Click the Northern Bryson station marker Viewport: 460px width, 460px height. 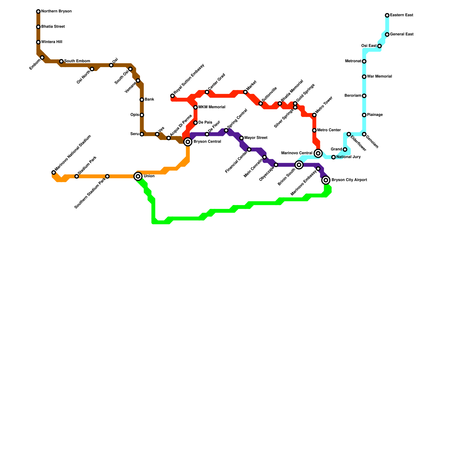pyautogui.click(x=38, y=11)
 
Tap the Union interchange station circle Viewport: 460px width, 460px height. pyautogui.click(x=138, y=176)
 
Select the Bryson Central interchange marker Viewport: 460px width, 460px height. pyautogui.click(x=188, y=142)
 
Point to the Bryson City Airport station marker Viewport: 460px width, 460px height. pyautogui.click(x=326, y=180)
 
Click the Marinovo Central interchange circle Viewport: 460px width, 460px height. pyautogui.click(x=318, y=153)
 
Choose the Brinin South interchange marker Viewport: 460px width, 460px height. pyautogui.click(x=299, y=165)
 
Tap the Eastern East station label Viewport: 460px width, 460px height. pyautogui.click(x=401, y=15)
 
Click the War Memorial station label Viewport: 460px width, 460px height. pyautogui.click(x=379, y=77)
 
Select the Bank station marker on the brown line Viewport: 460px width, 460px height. pyautogui.click(x=142, y=100)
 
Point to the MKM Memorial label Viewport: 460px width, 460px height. pyautogui.click(x=212, y=107)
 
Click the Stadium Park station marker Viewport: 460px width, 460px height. pyautogui.click(x=77, y=176)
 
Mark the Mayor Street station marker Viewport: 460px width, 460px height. pyautogui.click(x=241, y=138)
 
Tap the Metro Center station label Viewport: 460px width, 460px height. pyautogui.click(x=329, y=130)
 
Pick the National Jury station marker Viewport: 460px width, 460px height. pyautogui.click(x=333, y=157)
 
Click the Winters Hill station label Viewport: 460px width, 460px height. pyautogui.click(x=51, y=42)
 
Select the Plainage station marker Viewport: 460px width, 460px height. pyautogui.click(x=364, y=115)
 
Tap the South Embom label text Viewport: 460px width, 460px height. pyautogui.click(x=77, y=61)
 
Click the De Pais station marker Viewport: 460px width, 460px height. pyautogui.click(x=195, y=123)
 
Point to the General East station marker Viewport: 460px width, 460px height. pyautogui.click(x=387, y=34)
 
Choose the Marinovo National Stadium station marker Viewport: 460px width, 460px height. pyautogui.click(x=53, y=172)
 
